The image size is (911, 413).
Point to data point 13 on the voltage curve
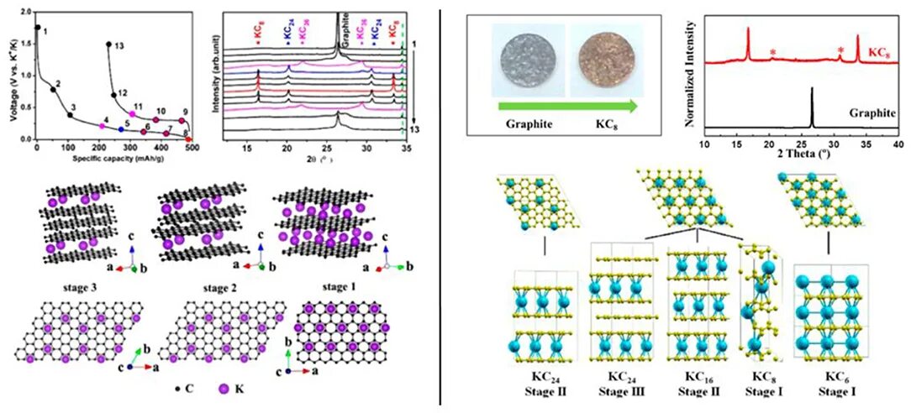[108, 44]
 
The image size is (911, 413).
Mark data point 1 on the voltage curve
[37, 28]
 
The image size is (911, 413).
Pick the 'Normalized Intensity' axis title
[691, 76]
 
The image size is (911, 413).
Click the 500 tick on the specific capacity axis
[192, 148]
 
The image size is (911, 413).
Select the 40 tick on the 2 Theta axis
[897, 144]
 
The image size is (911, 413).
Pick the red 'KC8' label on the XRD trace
[879, 52]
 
